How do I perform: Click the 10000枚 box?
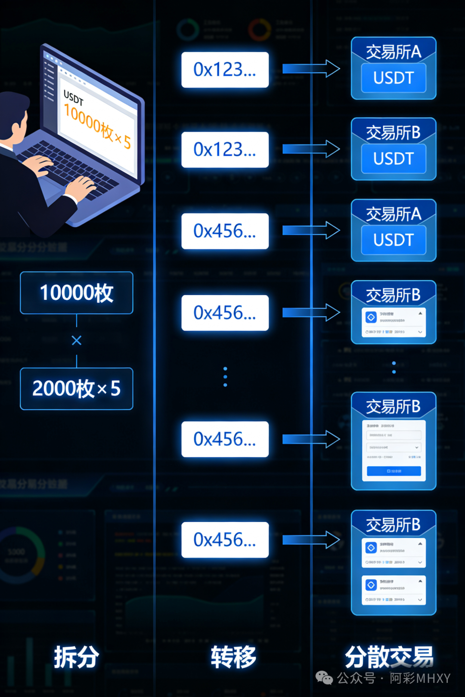77,293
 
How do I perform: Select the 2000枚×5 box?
77,389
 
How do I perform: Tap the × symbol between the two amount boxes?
77,341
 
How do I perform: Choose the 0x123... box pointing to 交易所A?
225,70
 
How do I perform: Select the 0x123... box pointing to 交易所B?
225,150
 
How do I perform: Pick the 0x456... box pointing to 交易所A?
225,231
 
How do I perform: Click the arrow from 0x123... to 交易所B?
311,149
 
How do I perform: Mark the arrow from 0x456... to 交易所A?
311,231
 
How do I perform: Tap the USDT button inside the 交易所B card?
394,159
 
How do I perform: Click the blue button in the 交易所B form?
394,471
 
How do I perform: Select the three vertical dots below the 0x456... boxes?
225,377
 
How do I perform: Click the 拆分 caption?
77,657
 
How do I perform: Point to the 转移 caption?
233,657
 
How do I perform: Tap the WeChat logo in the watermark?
324,678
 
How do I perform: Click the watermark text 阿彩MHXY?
420,678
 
